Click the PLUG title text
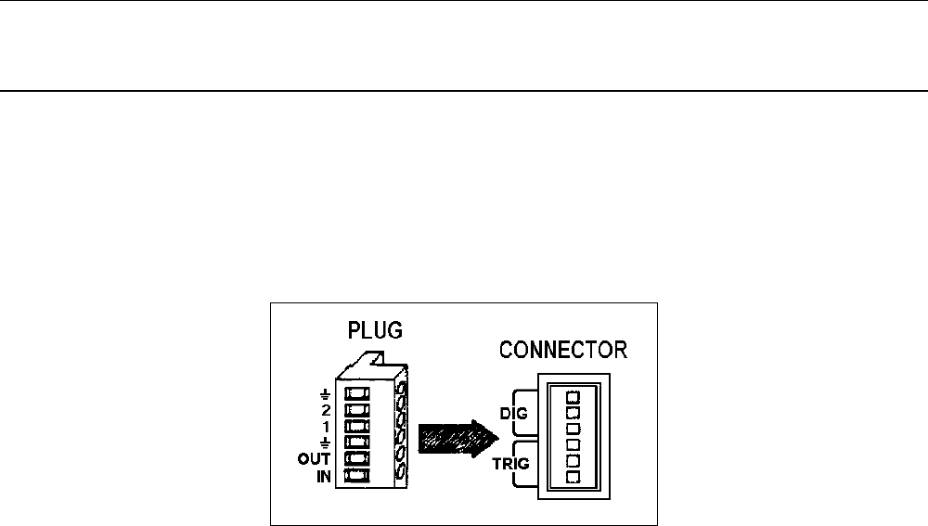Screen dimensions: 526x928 (x=374, y=331)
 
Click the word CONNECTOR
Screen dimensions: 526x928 (x=563, y=351)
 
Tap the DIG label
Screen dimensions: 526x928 (x=513, y=414)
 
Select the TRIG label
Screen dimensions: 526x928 (x=511, y=463)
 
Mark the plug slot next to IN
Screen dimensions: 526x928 (x=357, y=476)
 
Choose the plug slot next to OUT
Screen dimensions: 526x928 (x=357, y=459)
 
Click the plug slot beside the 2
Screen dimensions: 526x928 (x=357, y=408)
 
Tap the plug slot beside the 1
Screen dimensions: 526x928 (x=357, y=425)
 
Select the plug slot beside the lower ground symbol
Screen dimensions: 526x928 (x=357, y=442)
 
